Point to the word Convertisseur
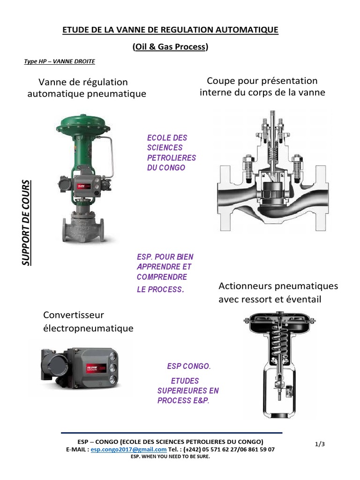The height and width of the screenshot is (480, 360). click(74, 314)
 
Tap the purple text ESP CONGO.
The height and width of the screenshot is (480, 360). click(189, 366)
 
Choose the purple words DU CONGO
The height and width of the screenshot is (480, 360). click(166, 167)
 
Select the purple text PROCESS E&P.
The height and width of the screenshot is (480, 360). click(183, 400)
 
